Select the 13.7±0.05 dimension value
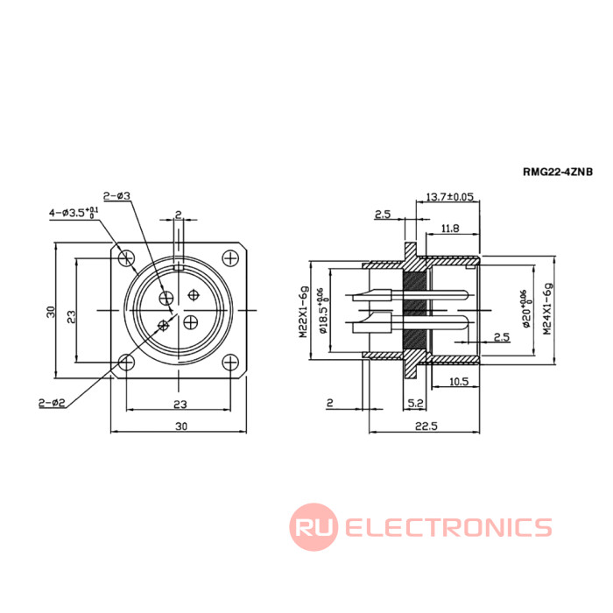pos(448,197)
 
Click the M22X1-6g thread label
pos(303,312)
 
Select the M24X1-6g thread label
pos(547,309)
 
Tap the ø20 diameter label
pos(527,308)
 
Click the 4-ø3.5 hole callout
pos(74,211)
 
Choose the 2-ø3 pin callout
pos(116,195)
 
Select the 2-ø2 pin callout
pos(53,402)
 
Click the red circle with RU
pos(314,527)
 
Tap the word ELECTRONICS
pos(448,527)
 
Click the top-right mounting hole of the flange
pos(230,257)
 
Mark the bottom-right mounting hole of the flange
pos(230,362)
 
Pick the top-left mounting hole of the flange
pos(128,257)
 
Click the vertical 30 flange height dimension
pos(52,311)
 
